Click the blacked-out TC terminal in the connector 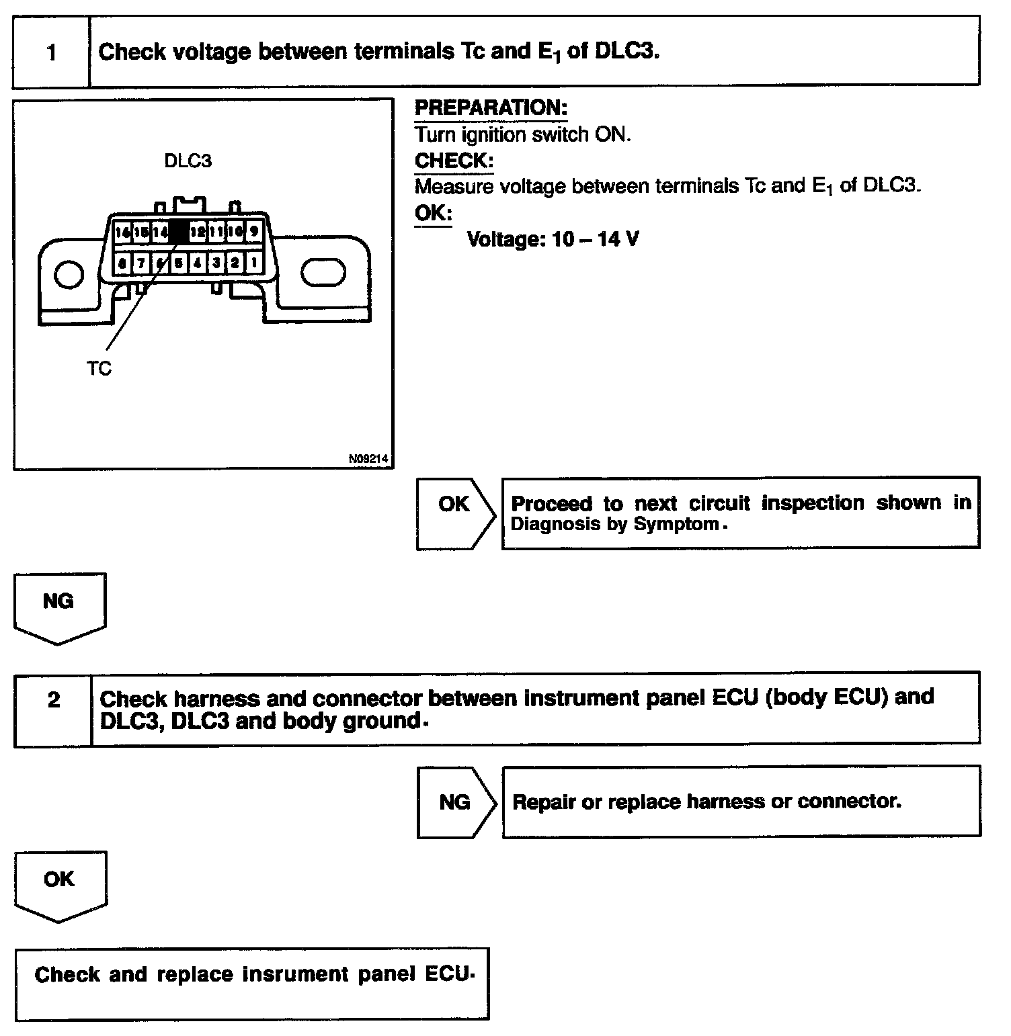tap(179, 232)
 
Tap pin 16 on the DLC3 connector tap(122, 232)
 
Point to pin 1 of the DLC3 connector tap(253, 263)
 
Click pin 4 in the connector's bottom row tap(197, 263)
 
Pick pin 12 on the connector tap(198, 232)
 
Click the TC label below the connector tap(99, 368)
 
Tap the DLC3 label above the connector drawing tap(188, 161)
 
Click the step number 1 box tap(52, 52)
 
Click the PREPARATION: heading tap(491, 108)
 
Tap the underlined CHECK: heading tap(454, 161)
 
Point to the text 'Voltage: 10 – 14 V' tap(553, 239)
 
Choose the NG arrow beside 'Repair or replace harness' tap(455, 802)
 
